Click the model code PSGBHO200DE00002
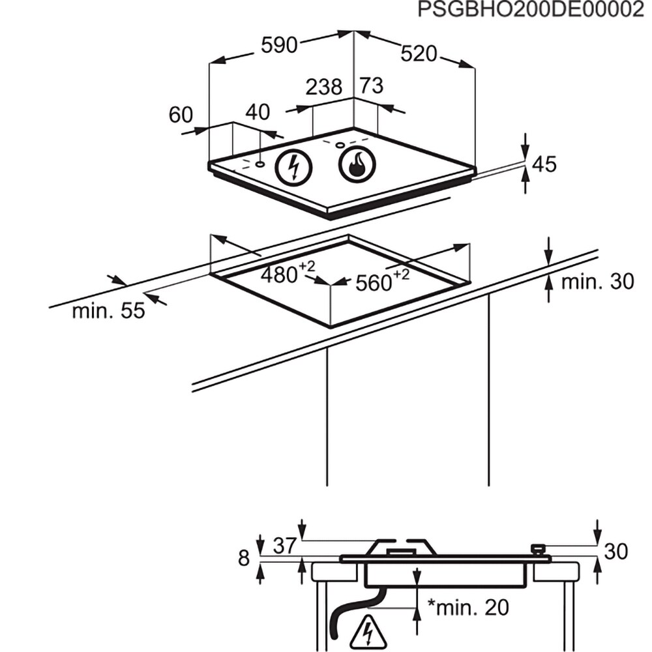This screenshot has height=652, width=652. pos(531,10)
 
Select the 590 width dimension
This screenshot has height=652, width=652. pos(279,45)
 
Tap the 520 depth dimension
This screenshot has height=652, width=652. pos(419,53)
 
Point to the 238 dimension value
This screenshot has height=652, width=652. pos(324,87)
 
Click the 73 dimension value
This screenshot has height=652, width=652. pos(371,85)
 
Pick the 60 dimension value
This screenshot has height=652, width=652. pos(181,115)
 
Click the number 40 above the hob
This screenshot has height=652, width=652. pos(258,112)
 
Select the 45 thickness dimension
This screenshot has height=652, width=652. pos(544,164)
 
